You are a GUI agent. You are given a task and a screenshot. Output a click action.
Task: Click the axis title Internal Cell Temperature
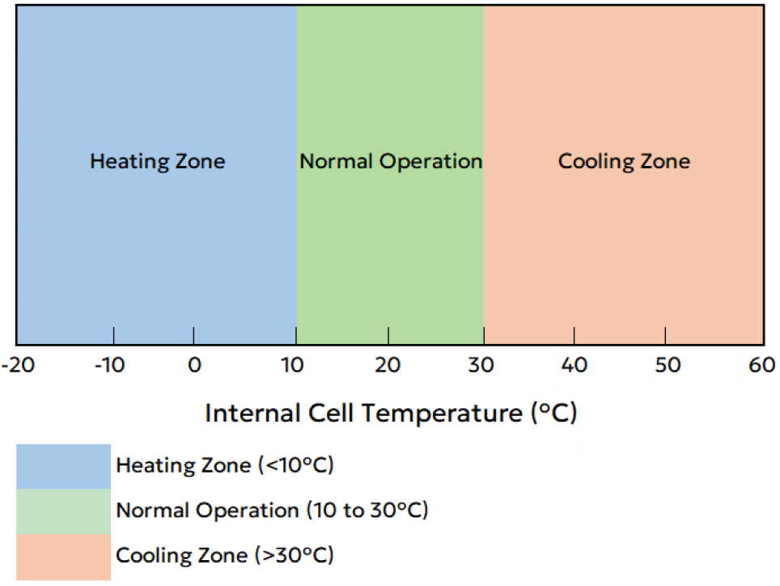pyautogui.click(x=391, y=414)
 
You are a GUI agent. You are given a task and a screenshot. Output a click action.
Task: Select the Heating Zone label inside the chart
pyautogui.click(x=157, y=161)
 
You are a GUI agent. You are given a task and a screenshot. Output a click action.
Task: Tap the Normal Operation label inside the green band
pyautogui.click(x=391, y=161)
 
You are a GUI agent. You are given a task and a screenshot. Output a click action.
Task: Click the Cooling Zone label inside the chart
pyautogui.click(x=624, y=161)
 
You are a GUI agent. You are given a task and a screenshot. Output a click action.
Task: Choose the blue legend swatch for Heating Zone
pyautogui.click(x=63, y=466)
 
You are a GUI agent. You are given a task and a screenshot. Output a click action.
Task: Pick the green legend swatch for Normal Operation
pyautogui.click(x=63, y=511)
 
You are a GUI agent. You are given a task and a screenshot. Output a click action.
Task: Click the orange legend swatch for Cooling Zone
pyautogui.click(x=63, y=556)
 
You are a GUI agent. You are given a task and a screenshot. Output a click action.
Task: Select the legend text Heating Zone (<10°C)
pyautogui.click(x=225, y=465)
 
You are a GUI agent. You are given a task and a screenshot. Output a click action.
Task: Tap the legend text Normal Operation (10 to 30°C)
pyautogui.click(x=272, y=511)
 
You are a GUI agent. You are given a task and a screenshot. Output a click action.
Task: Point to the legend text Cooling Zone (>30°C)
pyautogui.click(x=225, y=556)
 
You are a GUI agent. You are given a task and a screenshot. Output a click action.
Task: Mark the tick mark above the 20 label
pyautogui.click(x=389, y=335)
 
